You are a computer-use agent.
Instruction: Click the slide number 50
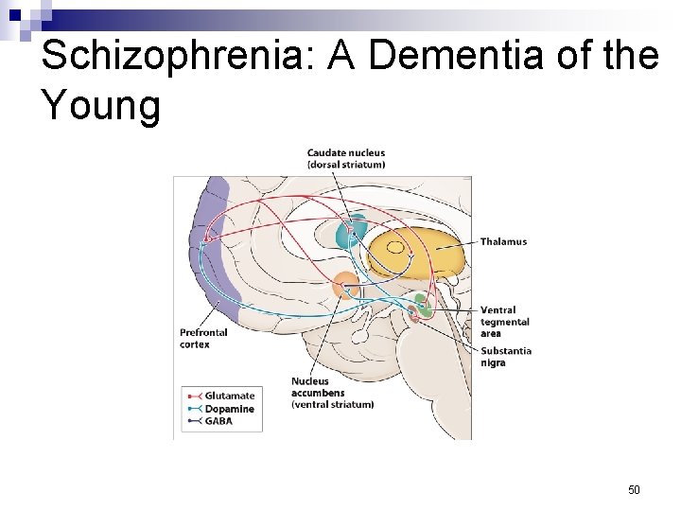coord(634,489)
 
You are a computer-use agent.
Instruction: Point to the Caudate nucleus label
coord(345,153)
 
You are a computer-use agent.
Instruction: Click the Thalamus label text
coord(503,241)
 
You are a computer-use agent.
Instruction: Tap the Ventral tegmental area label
coord(504,321)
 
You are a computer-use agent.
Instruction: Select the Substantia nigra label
coord(505,357)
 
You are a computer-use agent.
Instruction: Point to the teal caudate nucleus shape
coord(350,231)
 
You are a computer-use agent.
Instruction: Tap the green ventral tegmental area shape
coord(426,307)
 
